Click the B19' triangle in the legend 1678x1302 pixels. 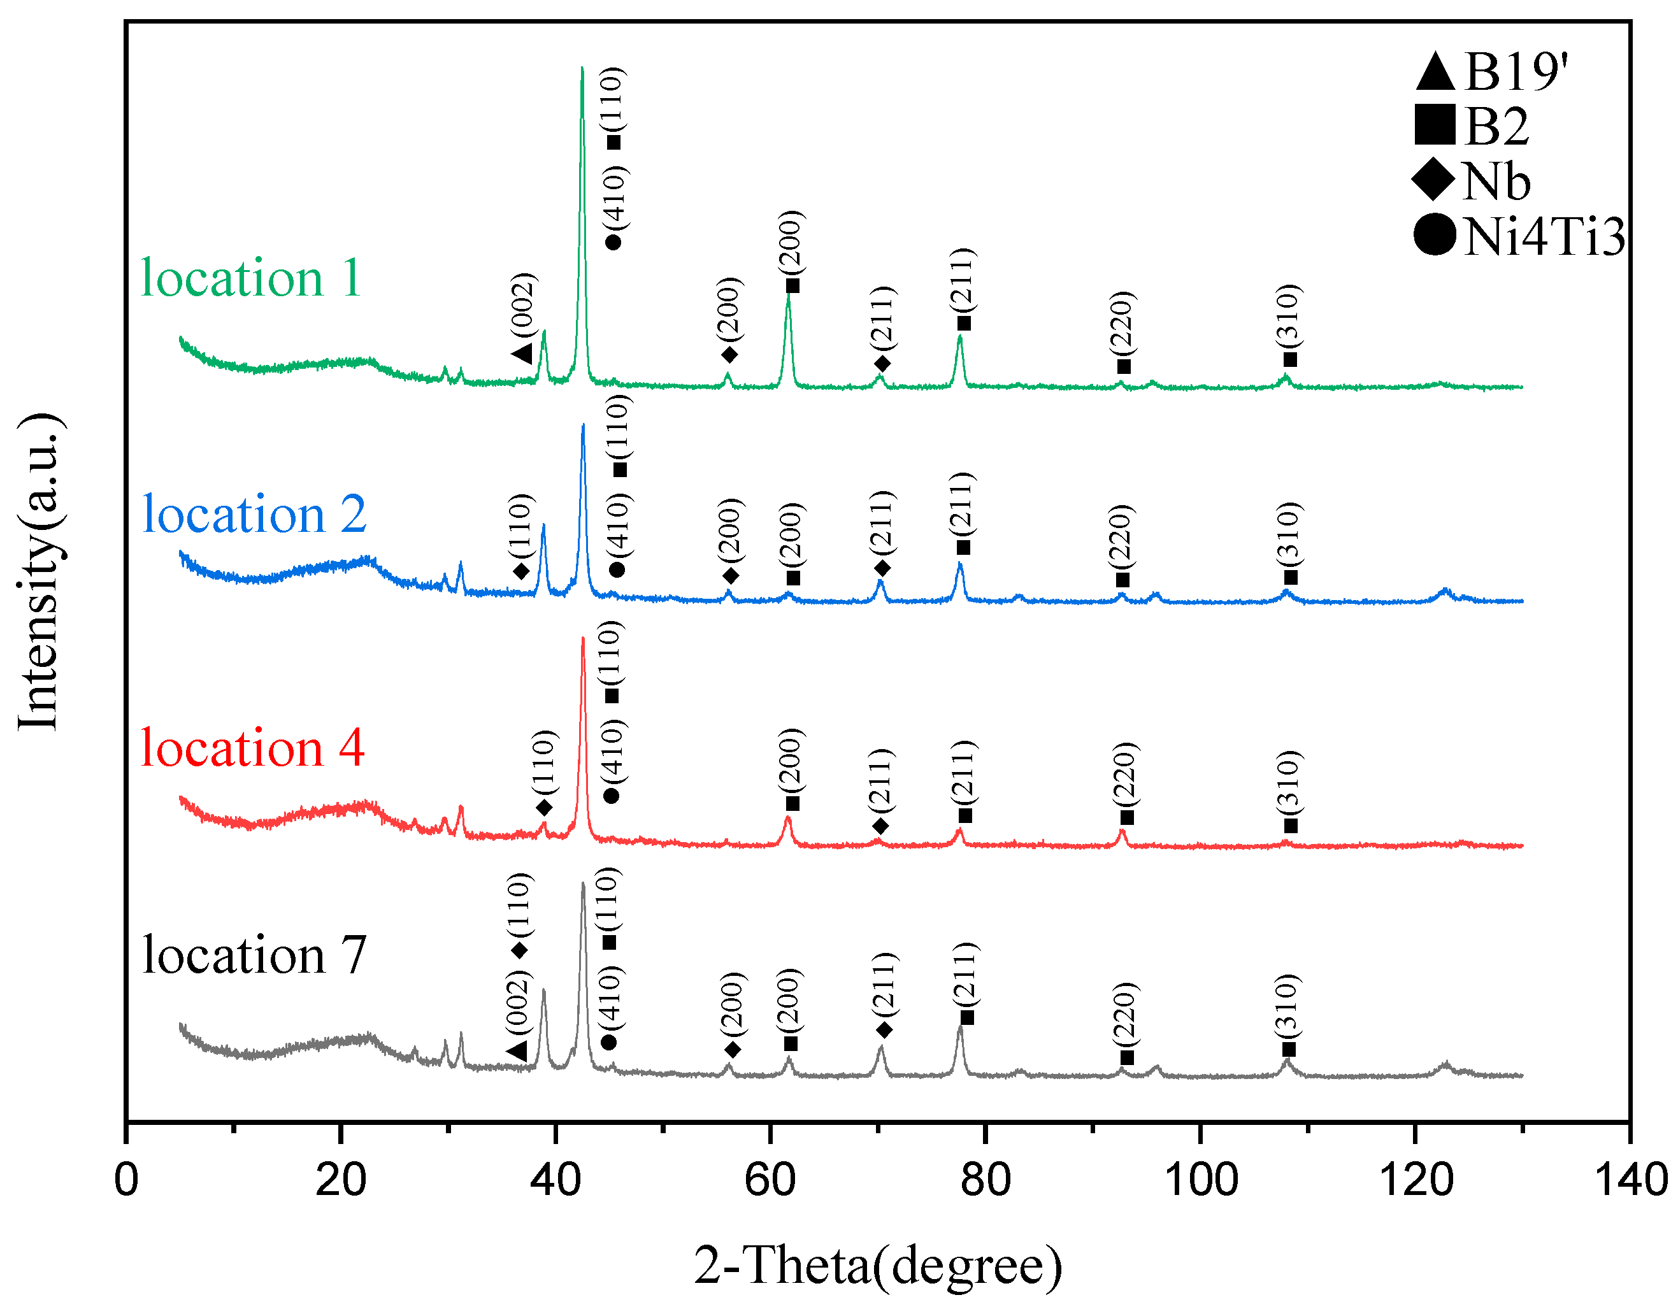click(x=1435, y=71)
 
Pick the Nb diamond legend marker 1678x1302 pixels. click(x=1433, y=180)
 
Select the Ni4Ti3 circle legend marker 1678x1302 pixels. click(x=1435, y=234)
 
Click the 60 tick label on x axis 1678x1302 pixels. click(x=769, y=1179)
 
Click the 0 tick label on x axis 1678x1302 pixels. click(x=126, y=1179)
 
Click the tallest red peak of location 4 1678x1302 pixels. click(x=582, y=639)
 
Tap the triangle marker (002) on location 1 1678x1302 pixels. click(x=522, y=354)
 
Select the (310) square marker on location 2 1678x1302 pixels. click(x=1290, y=577)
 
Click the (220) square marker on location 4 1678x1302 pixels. click(x=1126, y=817)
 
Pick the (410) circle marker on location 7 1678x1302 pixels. click(x=608, y=1042)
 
